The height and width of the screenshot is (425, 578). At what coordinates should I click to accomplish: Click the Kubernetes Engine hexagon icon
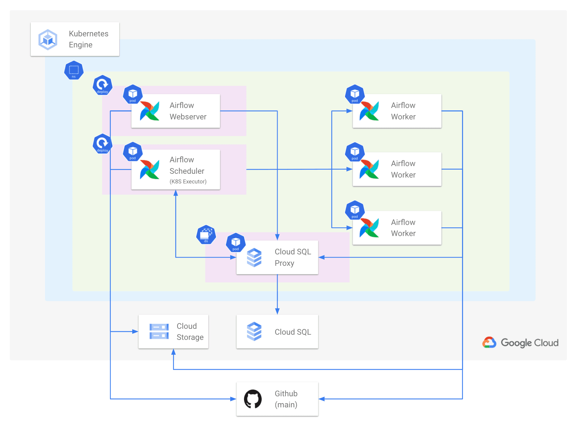(48, 39)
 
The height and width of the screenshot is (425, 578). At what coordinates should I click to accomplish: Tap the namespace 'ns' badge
(74, 70)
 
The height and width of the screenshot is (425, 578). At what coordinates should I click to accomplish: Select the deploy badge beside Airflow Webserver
(102, 85)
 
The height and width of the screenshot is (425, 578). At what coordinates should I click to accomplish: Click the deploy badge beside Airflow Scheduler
(102, 144)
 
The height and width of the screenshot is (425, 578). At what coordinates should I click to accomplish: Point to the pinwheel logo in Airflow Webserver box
(150, 111)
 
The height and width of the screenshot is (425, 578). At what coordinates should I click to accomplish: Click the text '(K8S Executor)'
(188, 182)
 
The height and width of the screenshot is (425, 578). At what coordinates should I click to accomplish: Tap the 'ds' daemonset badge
(206, 235)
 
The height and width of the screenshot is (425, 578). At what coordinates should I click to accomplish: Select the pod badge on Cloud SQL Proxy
(236, 243)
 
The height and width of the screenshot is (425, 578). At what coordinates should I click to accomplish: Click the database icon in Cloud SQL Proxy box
(254, 257)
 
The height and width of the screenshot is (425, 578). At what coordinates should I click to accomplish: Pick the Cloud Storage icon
(159, 332)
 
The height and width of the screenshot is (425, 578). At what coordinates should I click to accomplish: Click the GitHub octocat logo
(253, 399)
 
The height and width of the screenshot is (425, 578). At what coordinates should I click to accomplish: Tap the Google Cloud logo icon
(489, 343)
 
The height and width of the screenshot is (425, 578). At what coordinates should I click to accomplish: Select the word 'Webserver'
(188, 117)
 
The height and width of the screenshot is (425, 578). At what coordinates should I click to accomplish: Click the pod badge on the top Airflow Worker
(355, 94)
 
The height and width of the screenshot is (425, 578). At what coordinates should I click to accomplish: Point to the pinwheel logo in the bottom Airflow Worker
(369, 228)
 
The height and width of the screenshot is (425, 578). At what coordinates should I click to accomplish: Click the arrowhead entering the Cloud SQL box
(277, 311)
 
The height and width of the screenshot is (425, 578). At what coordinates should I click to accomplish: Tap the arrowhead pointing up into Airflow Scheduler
(176, 193)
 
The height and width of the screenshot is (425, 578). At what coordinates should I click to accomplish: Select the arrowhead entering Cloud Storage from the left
(135, 332)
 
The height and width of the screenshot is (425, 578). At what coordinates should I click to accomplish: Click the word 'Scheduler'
(187, 171)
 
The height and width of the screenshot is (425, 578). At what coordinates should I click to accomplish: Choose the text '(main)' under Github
(286, 405)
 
